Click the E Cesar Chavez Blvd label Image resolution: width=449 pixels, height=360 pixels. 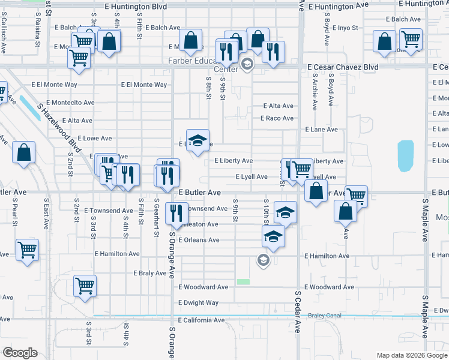[343, 67]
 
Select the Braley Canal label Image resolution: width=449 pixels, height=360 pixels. [324, 316]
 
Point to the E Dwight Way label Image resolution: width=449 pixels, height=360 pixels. [199, 303]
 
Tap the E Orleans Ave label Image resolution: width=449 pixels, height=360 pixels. [199, 240]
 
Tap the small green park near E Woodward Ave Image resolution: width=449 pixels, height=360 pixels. [243, 281]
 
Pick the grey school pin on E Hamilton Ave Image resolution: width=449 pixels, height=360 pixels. [262, 260]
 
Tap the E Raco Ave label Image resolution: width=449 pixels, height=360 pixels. [277, 118]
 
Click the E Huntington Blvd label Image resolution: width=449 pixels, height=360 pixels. [135, 6]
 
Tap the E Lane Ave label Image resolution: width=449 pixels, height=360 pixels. [321, 130]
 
